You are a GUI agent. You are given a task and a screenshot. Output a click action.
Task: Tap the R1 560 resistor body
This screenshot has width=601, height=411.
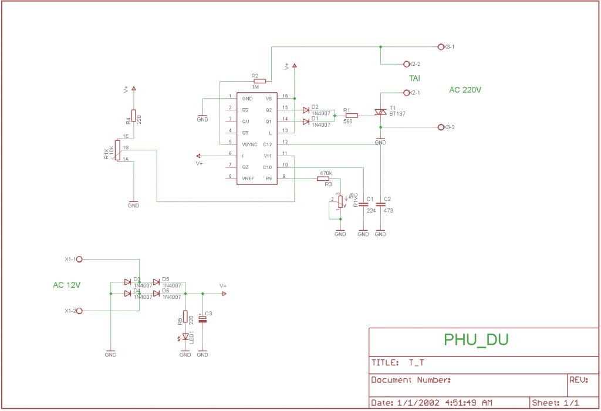pyautogui.click(x=352, y=116)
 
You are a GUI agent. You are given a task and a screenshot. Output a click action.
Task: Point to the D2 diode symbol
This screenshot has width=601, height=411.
pyautogui.click(x=306, y=110)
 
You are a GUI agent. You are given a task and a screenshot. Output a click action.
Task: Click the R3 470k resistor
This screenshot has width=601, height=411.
pyautogui.click(x=324, y=178)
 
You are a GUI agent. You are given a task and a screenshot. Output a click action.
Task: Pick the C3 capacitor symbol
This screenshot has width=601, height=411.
pyautogui.click(x=202, y=318)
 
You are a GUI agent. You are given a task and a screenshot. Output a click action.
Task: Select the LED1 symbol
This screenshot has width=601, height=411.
pyautogui.click(x=185, y=336)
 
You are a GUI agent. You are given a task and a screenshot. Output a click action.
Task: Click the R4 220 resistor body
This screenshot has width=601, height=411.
pyautogui.click(x=134, y=115)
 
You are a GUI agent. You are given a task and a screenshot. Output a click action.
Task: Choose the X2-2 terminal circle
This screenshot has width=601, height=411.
pyautogui.click(x=406, y=63)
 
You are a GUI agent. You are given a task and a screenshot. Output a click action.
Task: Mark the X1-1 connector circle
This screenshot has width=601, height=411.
pyautogui.click(x=79, y=259)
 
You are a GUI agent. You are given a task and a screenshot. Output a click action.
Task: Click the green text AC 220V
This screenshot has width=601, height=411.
pyautogui.click(x=465, y=90)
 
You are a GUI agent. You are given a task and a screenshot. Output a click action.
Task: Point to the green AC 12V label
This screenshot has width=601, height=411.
pyautogui.click(x=67, y=285)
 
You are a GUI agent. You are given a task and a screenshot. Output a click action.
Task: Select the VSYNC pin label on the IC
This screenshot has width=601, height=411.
pyautogui.click(x=249, y=144)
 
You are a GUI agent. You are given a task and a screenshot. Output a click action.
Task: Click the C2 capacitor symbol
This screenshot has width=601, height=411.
pyautogui.click(x=380, y=204)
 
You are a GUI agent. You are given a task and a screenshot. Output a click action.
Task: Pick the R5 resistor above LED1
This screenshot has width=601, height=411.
pyautogui.click(x=185, y=316)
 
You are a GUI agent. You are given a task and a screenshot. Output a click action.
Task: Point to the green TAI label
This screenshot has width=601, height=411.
pyautogui.click(x=414, y=78)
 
